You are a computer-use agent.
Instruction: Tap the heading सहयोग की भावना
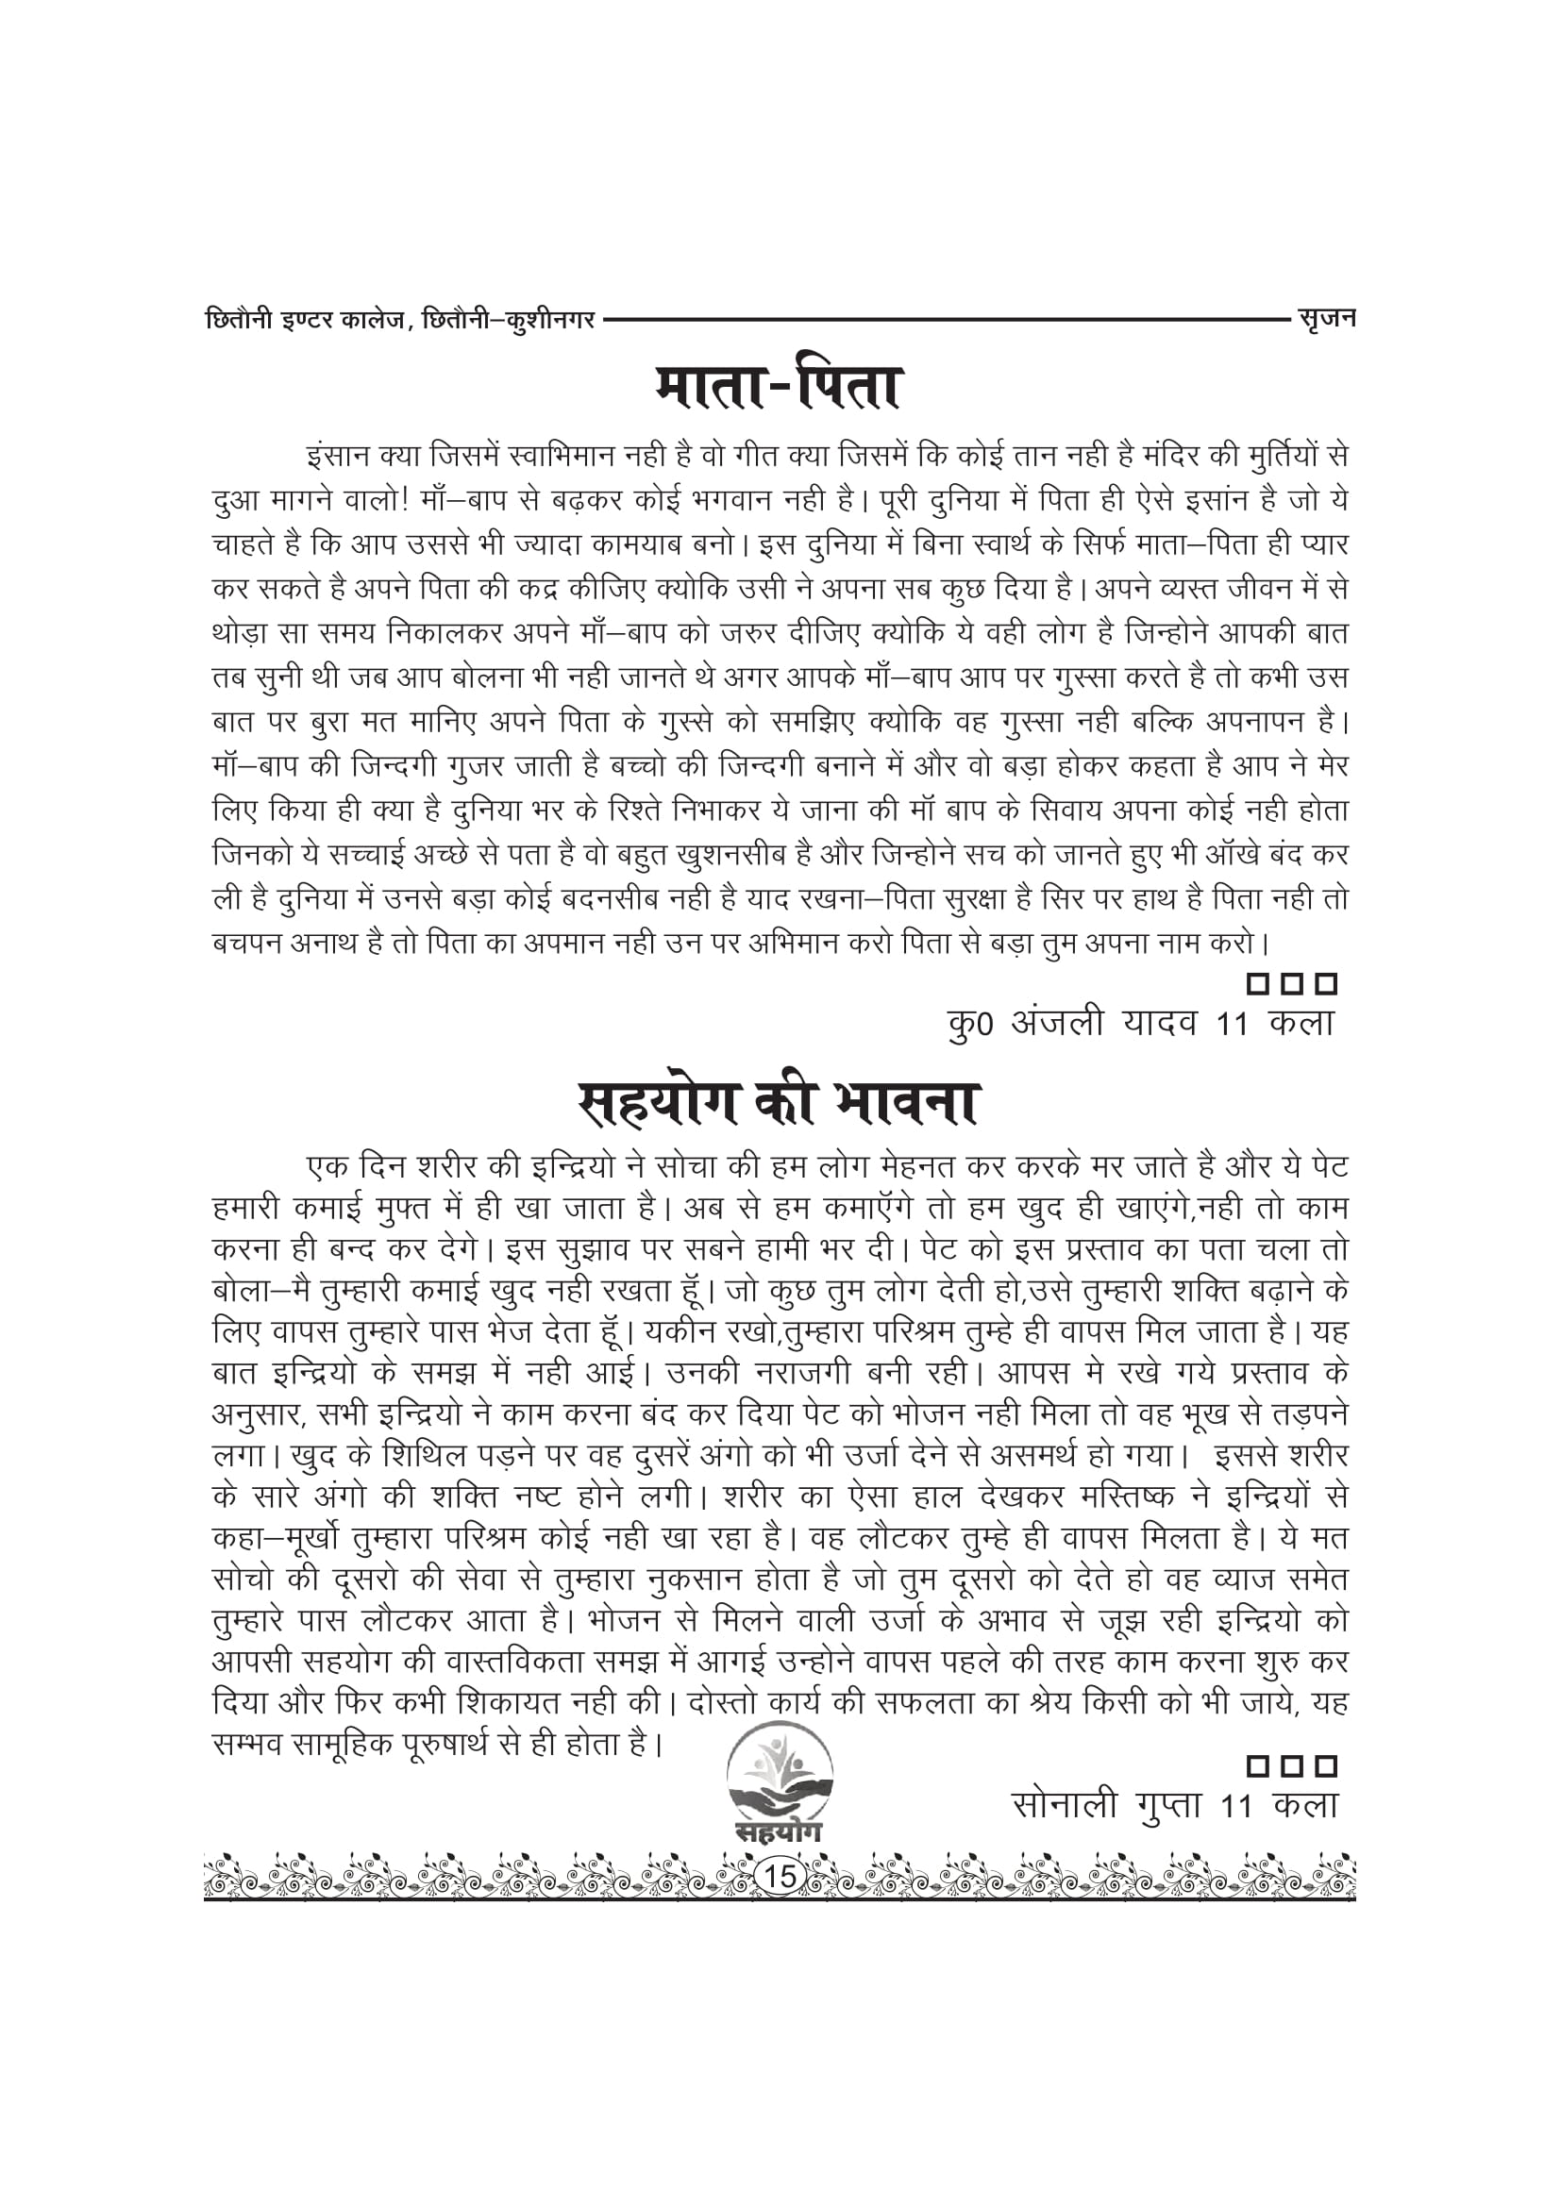778,1104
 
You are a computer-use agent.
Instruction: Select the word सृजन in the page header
1324,317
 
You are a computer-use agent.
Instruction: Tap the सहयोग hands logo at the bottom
780,1784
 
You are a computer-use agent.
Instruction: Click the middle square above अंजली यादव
1292,984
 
